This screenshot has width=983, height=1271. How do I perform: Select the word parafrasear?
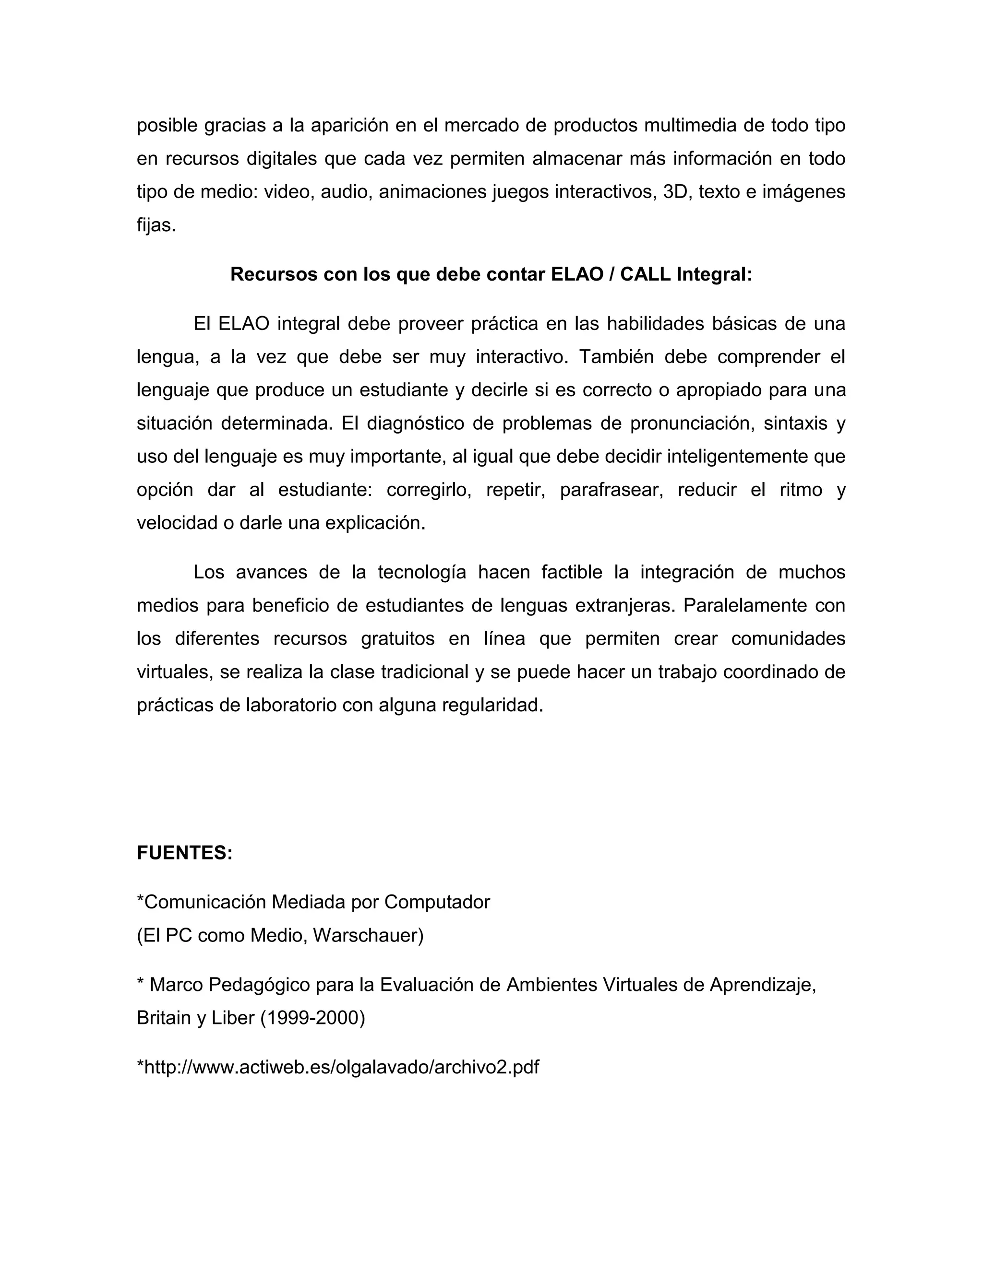point(611,489)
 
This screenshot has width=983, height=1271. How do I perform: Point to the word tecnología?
point(422,572)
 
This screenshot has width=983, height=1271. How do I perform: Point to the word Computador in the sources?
point(437,902)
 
